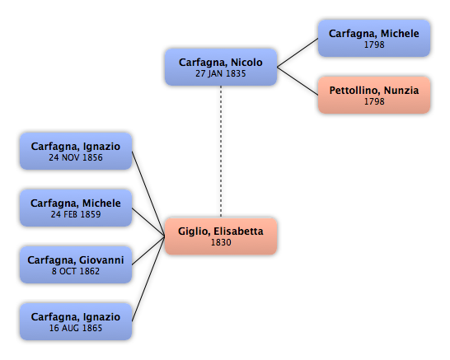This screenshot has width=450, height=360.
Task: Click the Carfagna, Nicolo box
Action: (x=221, y=67)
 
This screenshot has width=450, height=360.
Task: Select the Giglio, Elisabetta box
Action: (x=221, y=236)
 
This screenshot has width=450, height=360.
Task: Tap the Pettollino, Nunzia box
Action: (x=374, y=95)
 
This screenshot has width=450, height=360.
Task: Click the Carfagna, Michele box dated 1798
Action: (x=374, y=38)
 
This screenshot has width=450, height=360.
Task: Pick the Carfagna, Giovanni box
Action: (x=76, y=264)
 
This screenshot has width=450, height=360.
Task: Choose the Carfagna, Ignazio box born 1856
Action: (x=76, y=152)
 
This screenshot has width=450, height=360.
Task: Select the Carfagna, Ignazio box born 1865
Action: (x=76, y=321)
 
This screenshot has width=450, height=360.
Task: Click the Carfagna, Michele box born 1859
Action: (x=76, y=208)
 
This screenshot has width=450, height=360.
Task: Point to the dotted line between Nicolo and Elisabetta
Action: (x=221, y=152)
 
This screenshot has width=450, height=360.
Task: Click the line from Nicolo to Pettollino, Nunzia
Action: (x=298, y=81)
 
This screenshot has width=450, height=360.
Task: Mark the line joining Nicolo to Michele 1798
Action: (x=298, y=53)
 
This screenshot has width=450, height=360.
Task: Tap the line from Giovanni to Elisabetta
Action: (x=148, y=250)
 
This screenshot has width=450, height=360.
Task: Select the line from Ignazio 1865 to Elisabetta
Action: (x=148, y=278)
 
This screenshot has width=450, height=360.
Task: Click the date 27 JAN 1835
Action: (x=221, y=73)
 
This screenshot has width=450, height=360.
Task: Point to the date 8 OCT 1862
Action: (x=76, y=271)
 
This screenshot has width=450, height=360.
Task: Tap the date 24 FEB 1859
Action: (x=76, y=214)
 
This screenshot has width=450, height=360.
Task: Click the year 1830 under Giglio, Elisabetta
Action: (x=221, y=243)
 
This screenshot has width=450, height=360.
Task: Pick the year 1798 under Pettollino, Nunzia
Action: (x=374, y=101)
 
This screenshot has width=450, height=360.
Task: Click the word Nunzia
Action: (x=401, y=91)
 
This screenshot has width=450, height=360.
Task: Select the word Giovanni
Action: (x=101, y=260)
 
